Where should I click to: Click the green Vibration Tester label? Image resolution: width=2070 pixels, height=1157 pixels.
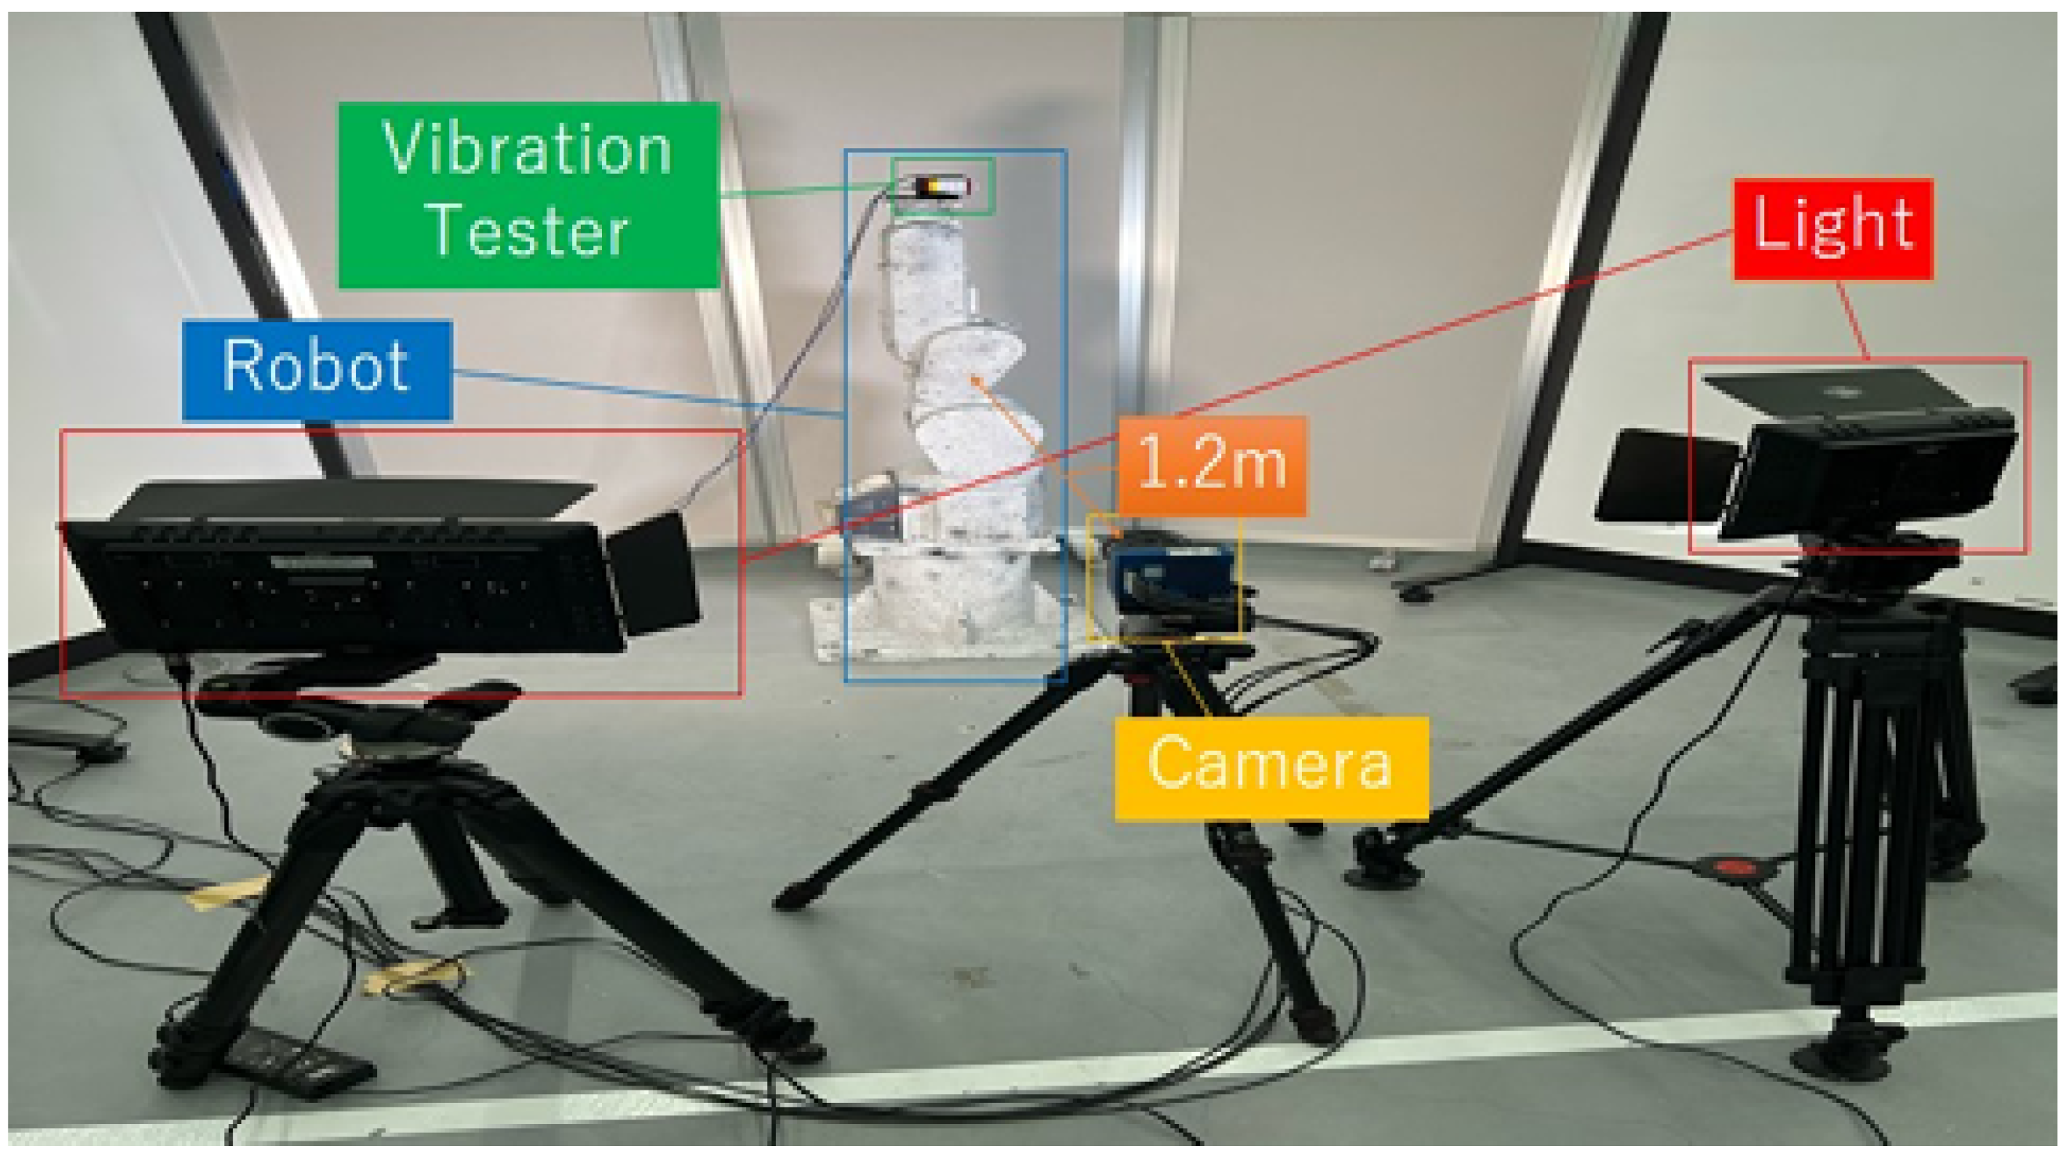point(528,194)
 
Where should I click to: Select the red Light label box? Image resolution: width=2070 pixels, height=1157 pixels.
point(1833,229)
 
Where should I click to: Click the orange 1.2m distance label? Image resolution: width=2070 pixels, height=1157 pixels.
point(1212,464)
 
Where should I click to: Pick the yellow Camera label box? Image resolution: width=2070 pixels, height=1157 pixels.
point(1271,767)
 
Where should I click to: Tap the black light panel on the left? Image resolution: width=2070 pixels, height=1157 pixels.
point(346,582)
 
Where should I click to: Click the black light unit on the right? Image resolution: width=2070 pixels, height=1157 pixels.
point(1865,474)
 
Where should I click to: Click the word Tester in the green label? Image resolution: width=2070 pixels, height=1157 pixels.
point(528,232)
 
